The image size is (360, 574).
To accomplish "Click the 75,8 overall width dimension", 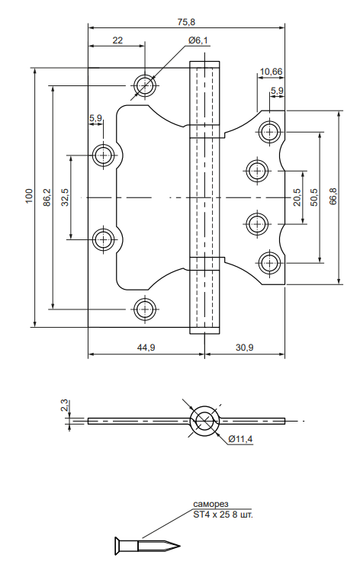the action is [x=186, y=22].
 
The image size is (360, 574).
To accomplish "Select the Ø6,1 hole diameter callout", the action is [x=198, y=40].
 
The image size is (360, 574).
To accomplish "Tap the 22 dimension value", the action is [x=117, y=40].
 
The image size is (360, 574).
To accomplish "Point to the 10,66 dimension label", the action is [x=271, y=72].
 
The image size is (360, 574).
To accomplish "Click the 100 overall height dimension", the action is [x=29, y=196].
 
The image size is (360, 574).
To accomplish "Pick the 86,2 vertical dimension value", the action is [x=47, y=197].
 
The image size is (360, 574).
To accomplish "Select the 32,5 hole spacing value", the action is [x=65, y=197].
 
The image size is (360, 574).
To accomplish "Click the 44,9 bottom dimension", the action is [x=146, y=348].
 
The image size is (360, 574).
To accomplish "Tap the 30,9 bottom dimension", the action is [x=244, y=348].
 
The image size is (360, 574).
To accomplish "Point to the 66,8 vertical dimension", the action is [x=333, y=196].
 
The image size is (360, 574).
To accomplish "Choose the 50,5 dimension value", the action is [x=314, y=197].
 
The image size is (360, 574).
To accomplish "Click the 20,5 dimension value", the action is [x=297, y=197].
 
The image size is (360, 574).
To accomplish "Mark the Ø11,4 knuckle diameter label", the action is [x=240, y=438].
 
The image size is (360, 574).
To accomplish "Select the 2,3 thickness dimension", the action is [x=65, y=406].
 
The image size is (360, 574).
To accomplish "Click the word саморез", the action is [x=211, y=504].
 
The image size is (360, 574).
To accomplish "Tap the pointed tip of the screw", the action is [x=180, y=546].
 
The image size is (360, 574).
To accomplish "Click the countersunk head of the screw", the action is [x=119, y=546].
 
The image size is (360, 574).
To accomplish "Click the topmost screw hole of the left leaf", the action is [x=145, y=85].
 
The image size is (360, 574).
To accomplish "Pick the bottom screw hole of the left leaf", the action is [x=145, y=309].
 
